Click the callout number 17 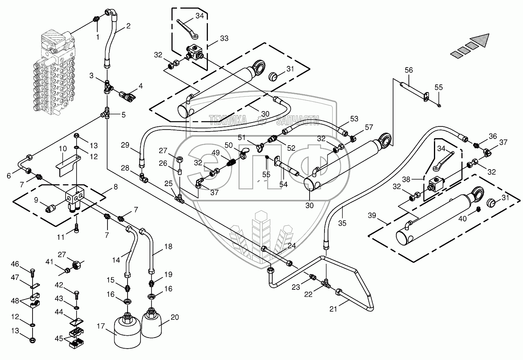coord(101,325)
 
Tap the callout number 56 coord(409,70)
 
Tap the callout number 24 coord(292,247)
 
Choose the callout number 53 coord(354,118)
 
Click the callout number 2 coord(128,27)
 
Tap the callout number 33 coord(224,38)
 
